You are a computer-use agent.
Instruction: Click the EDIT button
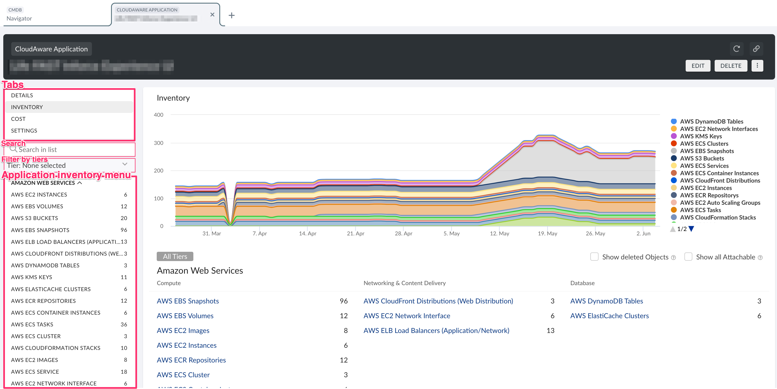point(698,66)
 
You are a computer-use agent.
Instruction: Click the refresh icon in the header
point(736,49)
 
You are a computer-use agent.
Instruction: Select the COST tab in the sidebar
point(18,119)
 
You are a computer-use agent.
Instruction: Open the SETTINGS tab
point(24,131)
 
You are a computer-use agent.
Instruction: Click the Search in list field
point(72,150)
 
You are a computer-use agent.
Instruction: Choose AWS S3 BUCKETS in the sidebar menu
point(34,218)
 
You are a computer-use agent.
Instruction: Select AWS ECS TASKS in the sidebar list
point(32,324)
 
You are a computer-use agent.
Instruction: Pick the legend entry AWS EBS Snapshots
point(707,151)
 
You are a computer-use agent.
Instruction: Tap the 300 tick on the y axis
point(158,143)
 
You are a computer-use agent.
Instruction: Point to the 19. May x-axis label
point(547,233)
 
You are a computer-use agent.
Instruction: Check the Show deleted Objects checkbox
point(594,257)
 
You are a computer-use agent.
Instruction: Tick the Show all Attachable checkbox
point(688,257)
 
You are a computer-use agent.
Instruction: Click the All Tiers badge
point(175,256)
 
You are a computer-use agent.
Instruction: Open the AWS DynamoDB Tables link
point(606,301)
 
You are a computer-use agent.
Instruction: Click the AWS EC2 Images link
point(183,330)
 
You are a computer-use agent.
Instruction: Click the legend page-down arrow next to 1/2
point(691,229)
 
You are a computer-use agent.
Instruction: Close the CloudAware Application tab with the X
point(212,14)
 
